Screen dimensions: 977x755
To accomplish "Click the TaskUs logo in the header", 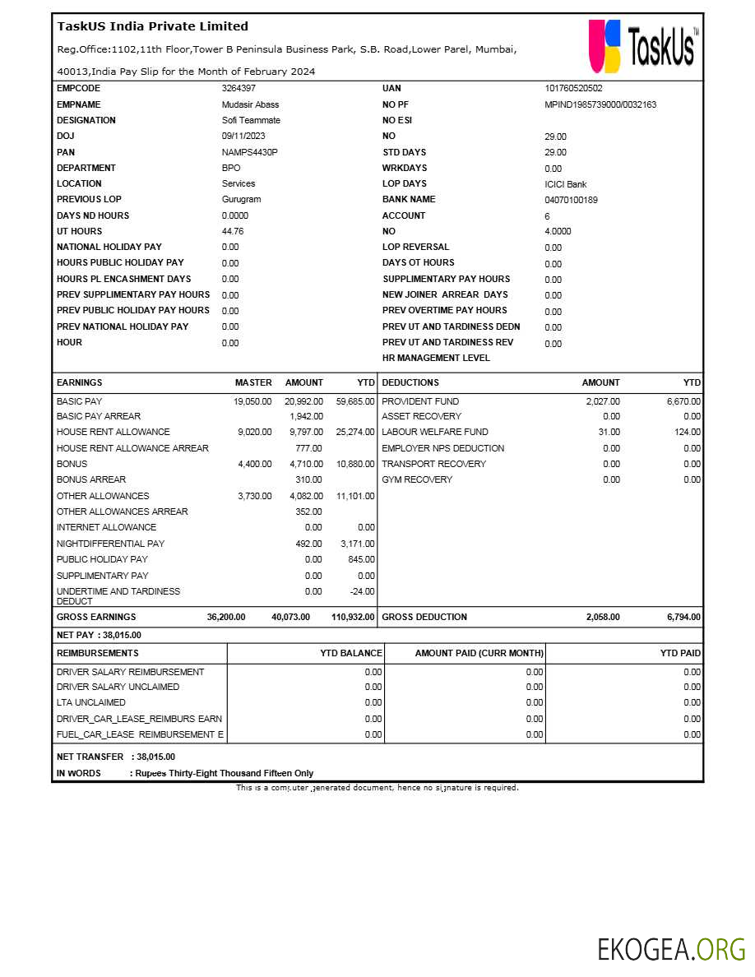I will [643, 46].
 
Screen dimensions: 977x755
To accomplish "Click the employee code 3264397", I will [239, 88].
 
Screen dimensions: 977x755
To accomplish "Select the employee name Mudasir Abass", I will [250, 104].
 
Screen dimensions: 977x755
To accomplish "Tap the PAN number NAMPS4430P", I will [249, 152].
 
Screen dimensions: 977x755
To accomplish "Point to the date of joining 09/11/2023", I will [243, 136].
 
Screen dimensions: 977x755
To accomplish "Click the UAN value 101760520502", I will [573, 88].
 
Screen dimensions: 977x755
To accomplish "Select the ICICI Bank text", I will [565, 184].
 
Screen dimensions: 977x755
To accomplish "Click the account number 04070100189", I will [571, 200].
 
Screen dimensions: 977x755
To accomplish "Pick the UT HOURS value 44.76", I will [233, 231].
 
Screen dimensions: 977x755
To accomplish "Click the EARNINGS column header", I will [80, 382].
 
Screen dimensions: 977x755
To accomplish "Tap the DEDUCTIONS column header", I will [410, 382].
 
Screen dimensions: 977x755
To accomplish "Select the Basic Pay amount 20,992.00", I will [303, 401].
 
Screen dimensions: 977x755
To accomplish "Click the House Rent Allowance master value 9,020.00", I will [254, 432].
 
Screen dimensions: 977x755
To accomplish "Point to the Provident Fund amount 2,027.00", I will [602, 401].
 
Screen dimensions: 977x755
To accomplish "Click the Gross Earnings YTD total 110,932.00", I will [353, 617].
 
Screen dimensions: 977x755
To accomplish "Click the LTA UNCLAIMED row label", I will [91, 702].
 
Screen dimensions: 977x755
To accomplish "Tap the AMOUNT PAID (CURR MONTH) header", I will [479, 653].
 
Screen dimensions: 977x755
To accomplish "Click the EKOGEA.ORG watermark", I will [671, 948].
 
